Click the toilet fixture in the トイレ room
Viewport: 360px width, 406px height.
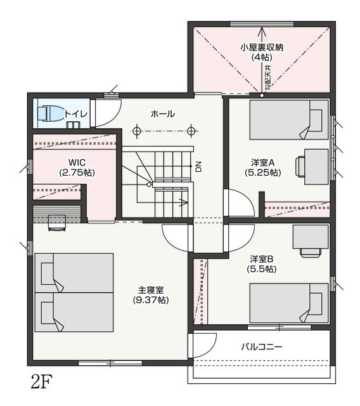point(50,113)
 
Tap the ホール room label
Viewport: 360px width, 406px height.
point(163,114)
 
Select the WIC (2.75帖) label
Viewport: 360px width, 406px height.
point(77,167)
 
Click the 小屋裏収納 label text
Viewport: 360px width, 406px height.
point(262,48)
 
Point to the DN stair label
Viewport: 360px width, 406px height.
point(198,167)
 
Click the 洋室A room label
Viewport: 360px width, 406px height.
point(263,162)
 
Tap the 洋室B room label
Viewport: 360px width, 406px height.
point(262,259)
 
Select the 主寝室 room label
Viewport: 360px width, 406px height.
point(151,290)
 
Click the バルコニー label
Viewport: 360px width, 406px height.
point(262,346)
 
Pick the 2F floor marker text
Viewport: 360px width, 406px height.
point(42,382)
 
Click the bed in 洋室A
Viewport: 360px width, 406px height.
point(289,120)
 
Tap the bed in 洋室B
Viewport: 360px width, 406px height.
point(289,303)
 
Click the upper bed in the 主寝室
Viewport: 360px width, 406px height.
point(74,273)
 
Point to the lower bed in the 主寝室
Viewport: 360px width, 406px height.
point(74,312)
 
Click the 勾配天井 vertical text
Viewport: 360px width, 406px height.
point(268,77)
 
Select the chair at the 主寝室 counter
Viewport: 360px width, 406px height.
point(57,223)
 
